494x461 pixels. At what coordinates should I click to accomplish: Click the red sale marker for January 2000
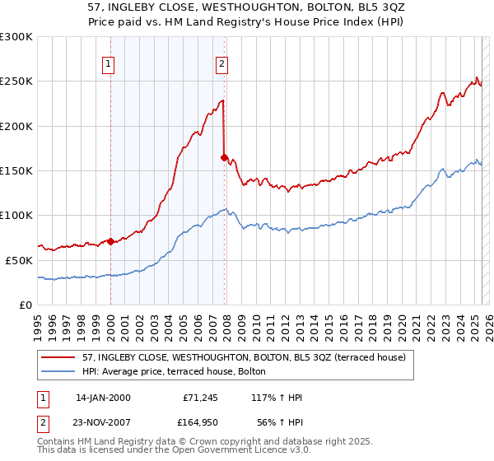click(x=111, y=241)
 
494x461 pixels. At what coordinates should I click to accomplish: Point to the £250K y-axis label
click(x=16, y=81)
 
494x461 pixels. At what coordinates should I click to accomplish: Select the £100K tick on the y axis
click(x=16, y=215)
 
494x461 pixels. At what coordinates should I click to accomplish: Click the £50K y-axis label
click(x=19, y=259)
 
